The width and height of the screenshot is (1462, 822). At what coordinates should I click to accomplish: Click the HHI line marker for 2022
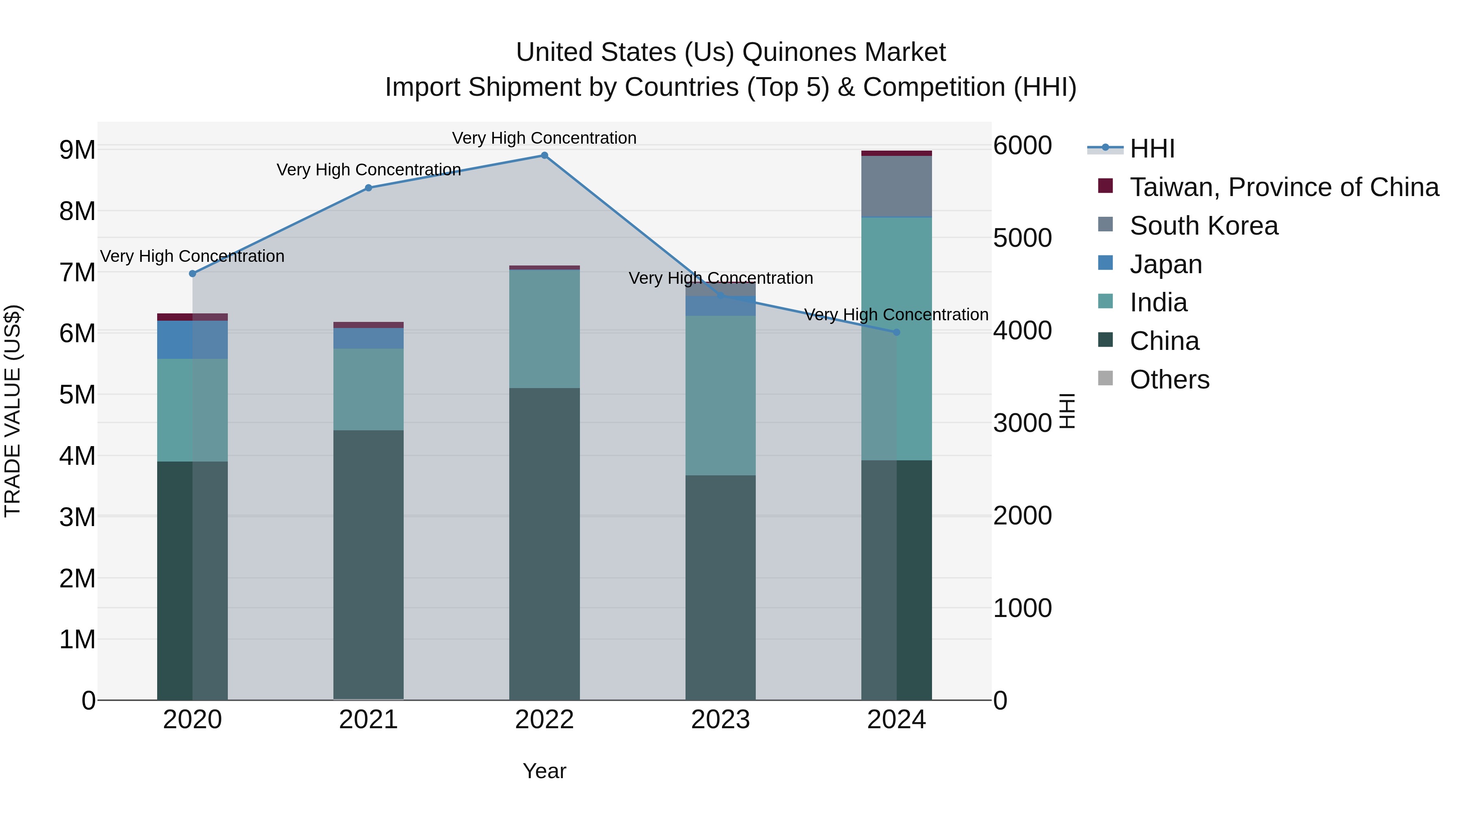(x=544, y=155)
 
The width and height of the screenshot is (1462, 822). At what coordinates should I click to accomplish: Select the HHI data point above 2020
(x=192, y=274)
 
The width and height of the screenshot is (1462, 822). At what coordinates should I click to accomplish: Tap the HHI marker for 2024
(x=897, y=332)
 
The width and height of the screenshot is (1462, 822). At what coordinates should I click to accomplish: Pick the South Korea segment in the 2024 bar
(x=897, y=186)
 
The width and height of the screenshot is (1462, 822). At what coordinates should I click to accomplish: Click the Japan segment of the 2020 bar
(x=192, y=339)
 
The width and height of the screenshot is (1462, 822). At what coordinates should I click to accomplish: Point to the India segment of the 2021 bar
(x=368, y=389)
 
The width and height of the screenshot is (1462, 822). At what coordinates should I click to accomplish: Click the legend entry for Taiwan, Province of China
(x=1284, y=187)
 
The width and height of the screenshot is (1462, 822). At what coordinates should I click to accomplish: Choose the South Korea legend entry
(x=1203, y=226)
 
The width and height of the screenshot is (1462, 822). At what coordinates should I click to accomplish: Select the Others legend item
(x=1169, y=380)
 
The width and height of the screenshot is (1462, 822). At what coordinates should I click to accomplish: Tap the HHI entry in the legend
(x=1152, y=149)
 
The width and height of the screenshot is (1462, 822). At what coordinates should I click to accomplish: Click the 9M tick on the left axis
(x=77, y=150)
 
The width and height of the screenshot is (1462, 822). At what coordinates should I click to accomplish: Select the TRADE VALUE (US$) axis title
(x=13, y=411)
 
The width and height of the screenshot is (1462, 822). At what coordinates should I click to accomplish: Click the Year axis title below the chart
(x=544, y=771)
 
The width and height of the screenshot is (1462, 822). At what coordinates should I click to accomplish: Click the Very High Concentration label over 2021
(x=368, y=170)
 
